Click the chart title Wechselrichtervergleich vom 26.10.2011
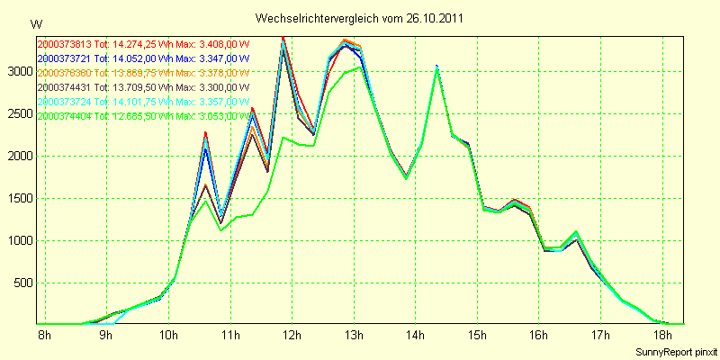360,18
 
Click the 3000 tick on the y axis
20,71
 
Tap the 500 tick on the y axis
22,283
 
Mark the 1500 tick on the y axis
20,198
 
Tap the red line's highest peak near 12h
283,37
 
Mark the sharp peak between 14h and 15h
436,67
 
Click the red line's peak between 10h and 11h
205,132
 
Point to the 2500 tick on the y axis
20,113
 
